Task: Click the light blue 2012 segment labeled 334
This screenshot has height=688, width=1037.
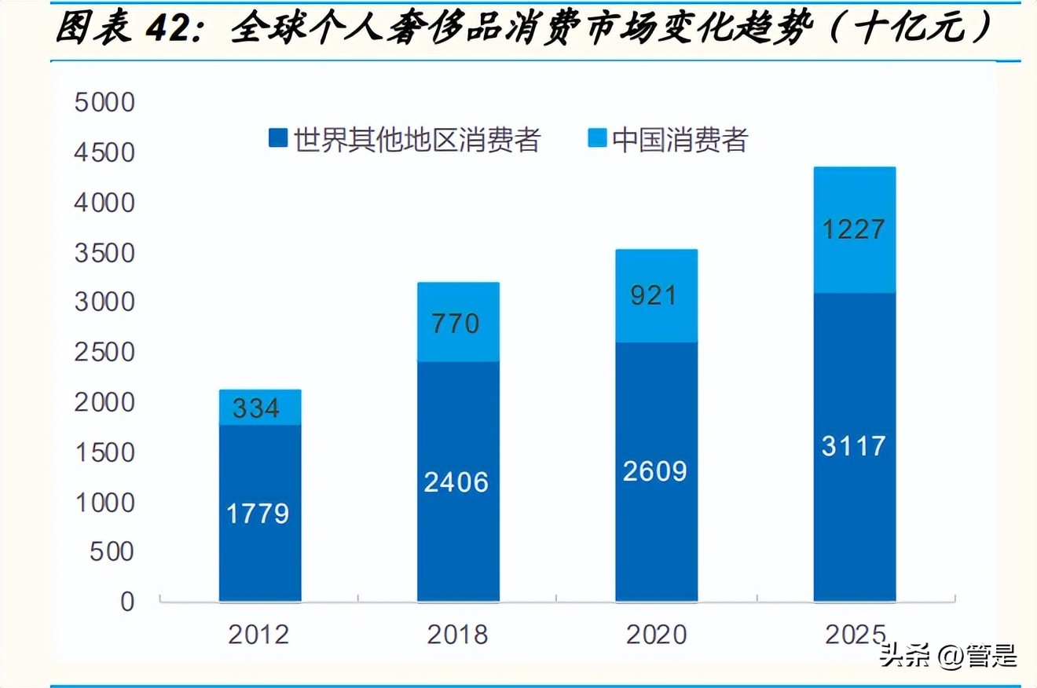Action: (x=260, y=408)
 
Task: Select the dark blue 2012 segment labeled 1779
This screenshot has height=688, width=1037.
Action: (x=260, y=513)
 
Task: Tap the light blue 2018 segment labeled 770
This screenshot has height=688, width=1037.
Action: (x=458, y=322)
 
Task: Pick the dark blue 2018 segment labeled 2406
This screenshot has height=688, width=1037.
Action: (x=458, y=481)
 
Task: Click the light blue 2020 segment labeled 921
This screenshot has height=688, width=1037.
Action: (x=656, y=296)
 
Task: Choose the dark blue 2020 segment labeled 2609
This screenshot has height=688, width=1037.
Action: (x=656, y=471)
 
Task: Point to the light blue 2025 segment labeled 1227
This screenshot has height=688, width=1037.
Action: (x=855, y=230)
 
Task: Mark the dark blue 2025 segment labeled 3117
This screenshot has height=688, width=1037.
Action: (x=855, y=446)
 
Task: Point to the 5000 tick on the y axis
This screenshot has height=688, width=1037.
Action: (x=105, y=103)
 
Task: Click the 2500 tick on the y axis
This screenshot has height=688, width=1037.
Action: (x=105, y=353)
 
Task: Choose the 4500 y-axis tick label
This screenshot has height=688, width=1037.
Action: (x=105, y=153)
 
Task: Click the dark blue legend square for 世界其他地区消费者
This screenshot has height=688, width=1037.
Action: (x=277, y=139)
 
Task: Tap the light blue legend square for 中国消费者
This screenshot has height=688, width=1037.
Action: (x=597, y=139)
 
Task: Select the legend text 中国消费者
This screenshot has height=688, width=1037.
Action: (x=680, y=140)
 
